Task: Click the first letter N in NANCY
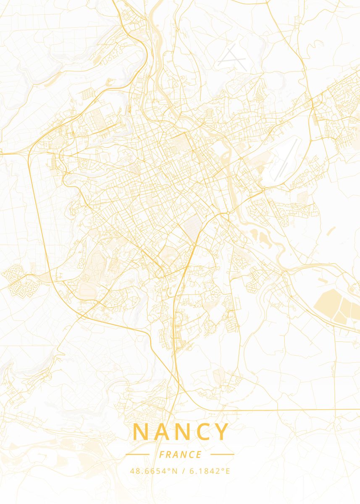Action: pyautogui.click(x=140, y=432)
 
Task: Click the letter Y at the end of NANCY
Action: pyautogui.click(x=222, y=432)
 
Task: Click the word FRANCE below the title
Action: pyautogui.click(x=180, y=454)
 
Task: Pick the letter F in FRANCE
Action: pyautogui.click(x=162, y=454)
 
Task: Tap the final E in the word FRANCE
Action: pyautogui.click(x=199, y=454)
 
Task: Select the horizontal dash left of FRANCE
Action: pyautogui.click(x=137, y=454)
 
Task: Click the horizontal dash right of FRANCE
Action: pyautogui.click(x=222, y=454)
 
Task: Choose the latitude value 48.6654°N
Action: pyautogui.click(x=153, y=471)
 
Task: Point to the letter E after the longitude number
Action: pyautogui.click(x=228, y=471)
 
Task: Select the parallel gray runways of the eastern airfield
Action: pyautogui.click(x=286, y=160)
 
